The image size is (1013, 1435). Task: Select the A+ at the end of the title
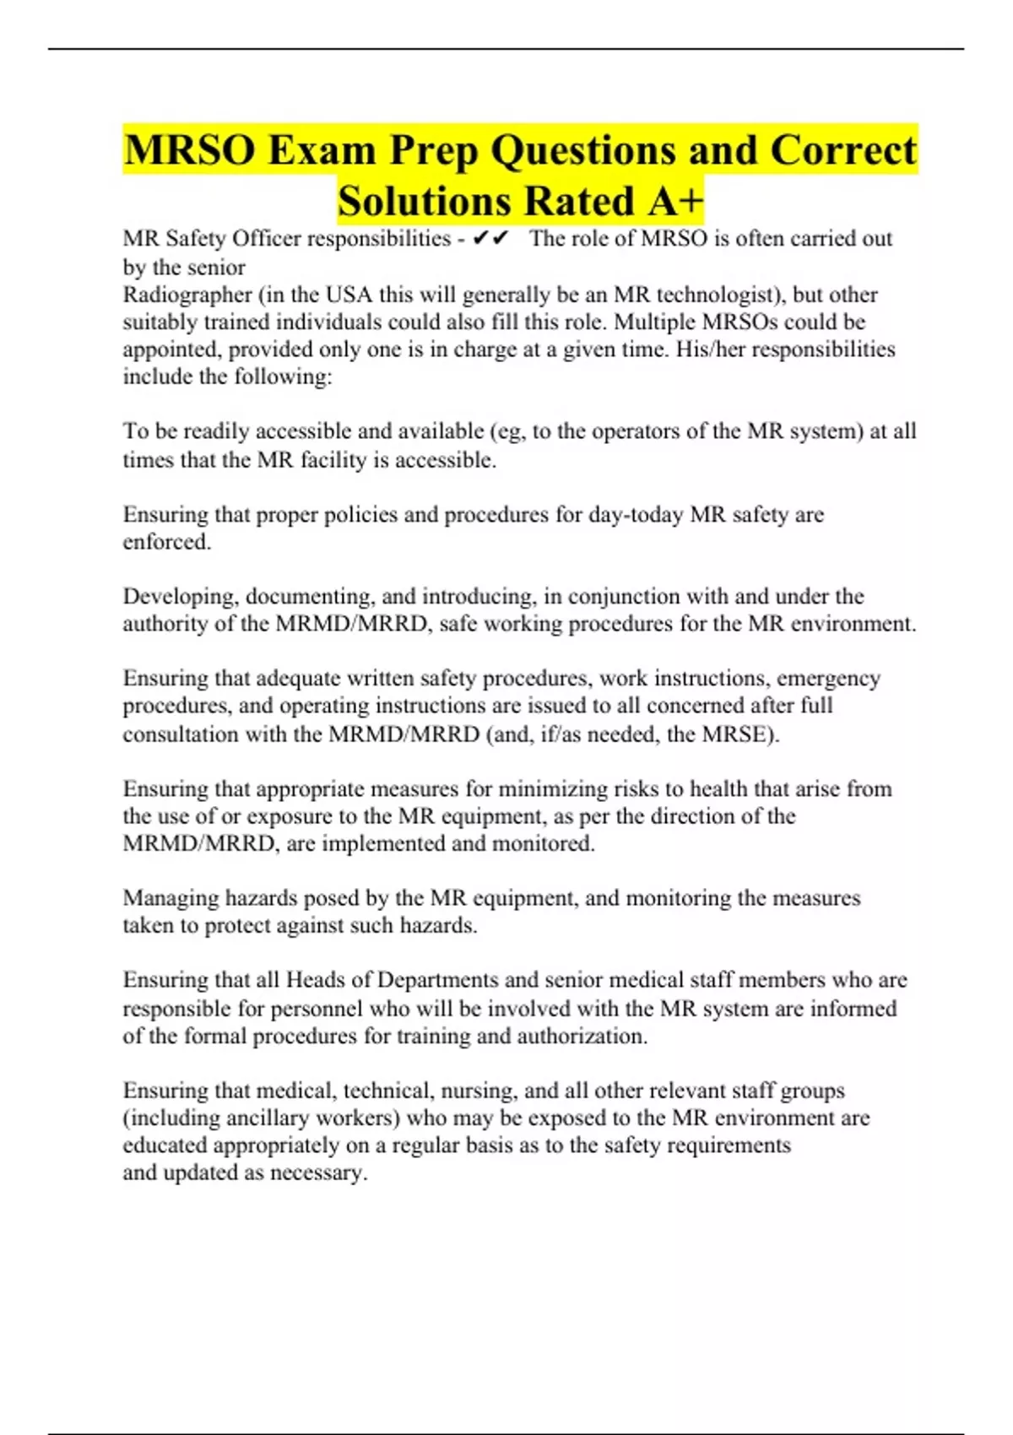(x=675, y=201)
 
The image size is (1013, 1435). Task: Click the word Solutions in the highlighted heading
(x=425, y=201)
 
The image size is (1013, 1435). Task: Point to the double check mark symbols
(x=490, y=239)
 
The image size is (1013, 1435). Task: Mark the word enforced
(x=166, y=542)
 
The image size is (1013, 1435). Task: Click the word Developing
(x=181, y=597)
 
